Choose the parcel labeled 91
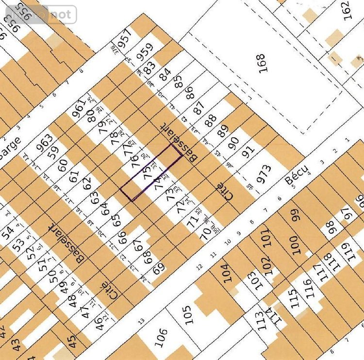coord(248,153)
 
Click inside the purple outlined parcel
coord(151,172)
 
